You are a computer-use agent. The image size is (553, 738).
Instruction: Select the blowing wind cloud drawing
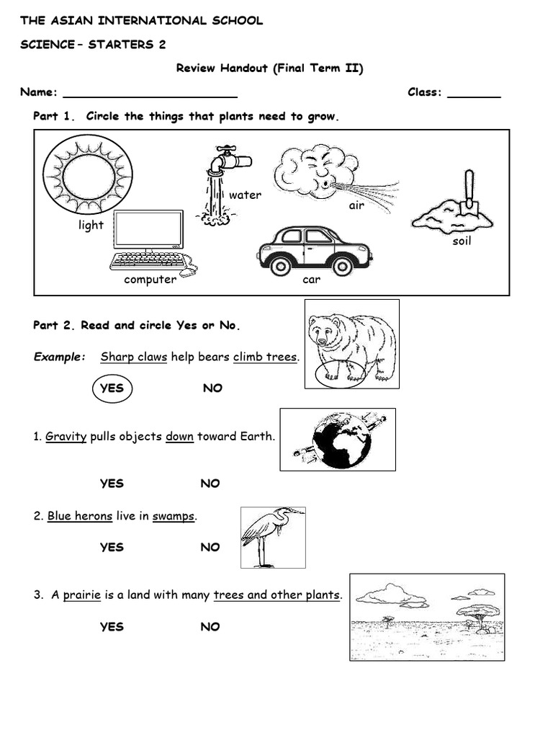317,172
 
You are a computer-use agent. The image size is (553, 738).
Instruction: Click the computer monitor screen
148,230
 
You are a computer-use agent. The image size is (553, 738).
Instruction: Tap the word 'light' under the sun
91,225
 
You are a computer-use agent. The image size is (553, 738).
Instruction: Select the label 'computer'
150,280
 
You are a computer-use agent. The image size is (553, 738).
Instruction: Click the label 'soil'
462,241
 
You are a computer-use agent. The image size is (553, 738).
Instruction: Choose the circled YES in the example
112,388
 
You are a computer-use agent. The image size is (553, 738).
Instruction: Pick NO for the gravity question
210,484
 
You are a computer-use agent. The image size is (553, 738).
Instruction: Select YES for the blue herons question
112,547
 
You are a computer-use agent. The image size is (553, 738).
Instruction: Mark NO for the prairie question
210,627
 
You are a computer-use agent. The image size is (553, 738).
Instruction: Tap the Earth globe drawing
340,440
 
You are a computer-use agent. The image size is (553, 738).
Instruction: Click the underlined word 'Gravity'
66,437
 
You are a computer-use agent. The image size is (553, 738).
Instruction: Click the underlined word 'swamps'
174,516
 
